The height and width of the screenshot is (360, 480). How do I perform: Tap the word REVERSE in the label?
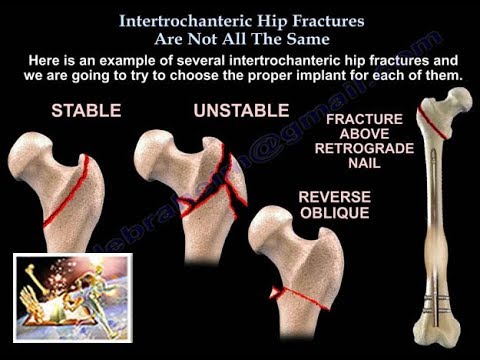334,195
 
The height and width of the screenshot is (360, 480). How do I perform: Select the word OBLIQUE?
334,213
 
